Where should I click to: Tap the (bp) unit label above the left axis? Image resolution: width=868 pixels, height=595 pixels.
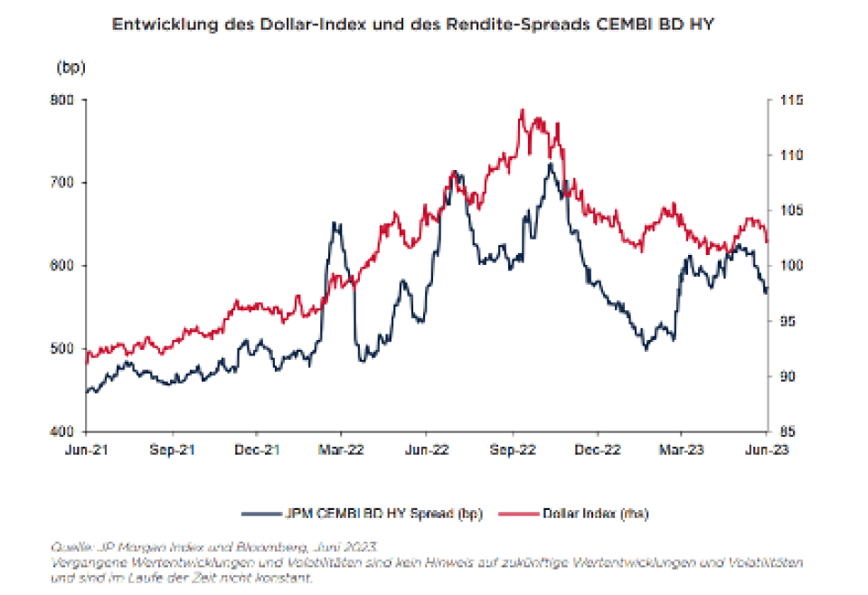pyautogui.click(x=70, y=68)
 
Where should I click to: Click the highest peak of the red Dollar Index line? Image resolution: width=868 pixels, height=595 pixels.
pyautogui.click(x=522, y=110)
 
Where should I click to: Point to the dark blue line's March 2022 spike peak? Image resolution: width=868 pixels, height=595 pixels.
pyautogui.click(x=336, y=222)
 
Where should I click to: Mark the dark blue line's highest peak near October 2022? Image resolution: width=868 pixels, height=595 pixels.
pyautogui.click(x=550, y=164)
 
